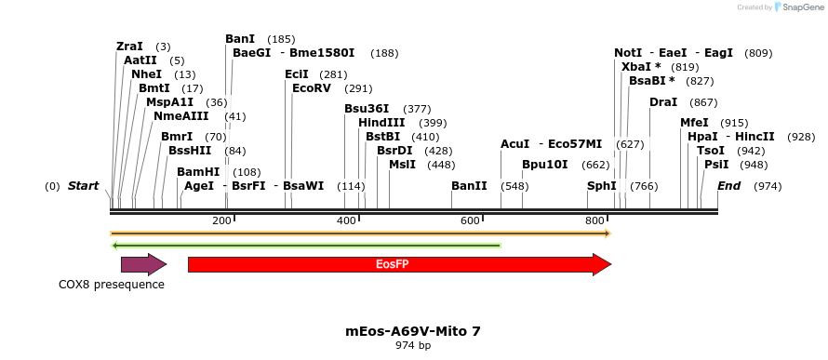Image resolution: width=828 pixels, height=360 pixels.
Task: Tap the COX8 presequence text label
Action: click(x=112, y=285)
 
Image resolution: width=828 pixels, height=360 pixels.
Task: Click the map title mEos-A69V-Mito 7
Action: click(x=413, y=331)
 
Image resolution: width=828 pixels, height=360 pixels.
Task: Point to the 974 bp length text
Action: click(x=413, y=346)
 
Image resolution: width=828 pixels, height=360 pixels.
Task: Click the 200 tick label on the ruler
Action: click(x=221, y=220)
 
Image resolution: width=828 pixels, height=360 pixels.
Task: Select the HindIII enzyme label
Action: click(x=381, y=123)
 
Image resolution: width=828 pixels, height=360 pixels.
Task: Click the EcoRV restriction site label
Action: click(x=312, y=88)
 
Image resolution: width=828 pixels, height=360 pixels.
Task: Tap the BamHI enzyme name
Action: click(x=198, y=172)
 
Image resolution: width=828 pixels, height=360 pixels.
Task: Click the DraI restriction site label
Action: click(x=663, y=102)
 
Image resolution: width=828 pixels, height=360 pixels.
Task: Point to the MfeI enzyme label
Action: click(x=694, y=123)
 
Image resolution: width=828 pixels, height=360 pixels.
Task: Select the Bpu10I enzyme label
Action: click(x=544, y=165)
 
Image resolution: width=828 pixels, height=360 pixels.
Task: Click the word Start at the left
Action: click(x=83, y=186)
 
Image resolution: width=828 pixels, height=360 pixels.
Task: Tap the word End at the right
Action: click(x=728, y=186)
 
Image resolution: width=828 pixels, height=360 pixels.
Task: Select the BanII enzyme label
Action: click(x=469, y=186)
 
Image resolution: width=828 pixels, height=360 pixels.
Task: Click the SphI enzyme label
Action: click(x=601, y=186)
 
